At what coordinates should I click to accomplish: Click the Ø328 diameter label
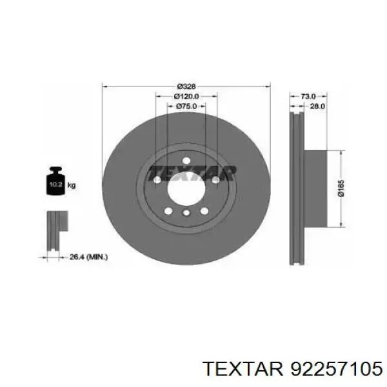tap(186, 86)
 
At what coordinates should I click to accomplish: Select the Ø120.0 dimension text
tap(186, 96)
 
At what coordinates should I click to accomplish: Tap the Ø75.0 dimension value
tap(186, 106)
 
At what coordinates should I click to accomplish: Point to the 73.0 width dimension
tap(308, 96)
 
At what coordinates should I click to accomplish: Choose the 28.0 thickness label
tap(317, 106)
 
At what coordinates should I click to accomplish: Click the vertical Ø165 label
tap(341, 188)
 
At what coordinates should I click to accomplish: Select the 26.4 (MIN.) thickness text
tap(88, 257)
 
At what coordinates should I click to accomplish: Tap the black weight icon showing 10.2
tap(55, 181)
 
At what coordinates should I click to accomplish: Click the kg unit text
tap(72, 185)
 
